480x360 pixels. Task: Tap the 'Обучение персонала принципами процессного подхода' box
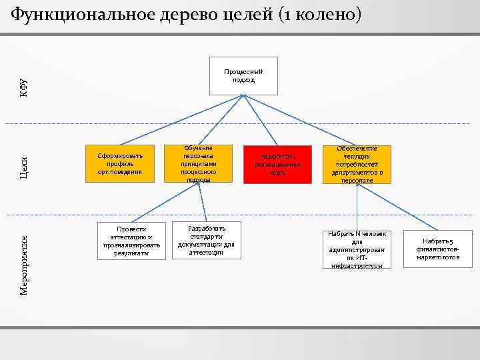click(199, 163)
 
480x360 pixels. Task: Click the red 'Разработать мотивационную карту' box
click(277, 163)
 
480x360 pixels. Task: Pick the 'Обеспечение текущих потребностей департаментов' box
click(357, 164)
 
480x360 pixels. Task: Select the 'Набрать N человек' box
click(357, 250)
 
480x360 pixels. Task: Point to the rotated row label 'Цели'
click(23, 165)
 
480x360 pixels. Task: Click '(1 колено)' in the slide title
click(321, 15)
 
